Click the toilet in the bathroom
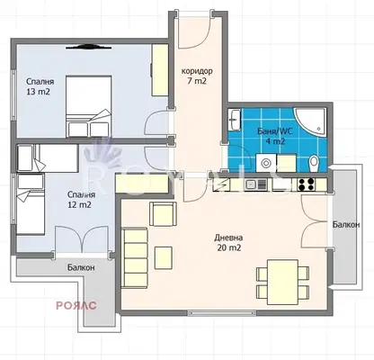(x=314, y=164)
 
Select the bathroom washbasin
(x=234, y=120)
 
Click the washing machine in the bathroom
(x=266, y=163)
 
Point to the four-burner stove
(x=307, y=184)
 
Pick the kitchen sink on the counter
(x=256, y=184)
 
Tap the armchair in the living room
(x=163, y=214)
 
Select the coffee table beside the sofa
(x=164, y=257)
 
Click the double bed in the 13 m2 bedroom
(x=89, y=106)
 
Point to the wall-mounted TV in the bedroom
(x=88, y=47)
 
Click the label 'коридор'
(x=197, y=71)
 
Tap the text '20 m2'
(x=228, y=247)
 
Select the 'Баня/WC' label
(x=273, y=131)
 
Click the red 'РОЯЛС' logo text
(x=76, y=305)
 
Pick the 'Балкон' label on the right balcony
(x=346, y=224)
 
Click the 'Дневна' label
(x=228, y=238)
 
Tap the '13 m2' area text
(x=38, y=92)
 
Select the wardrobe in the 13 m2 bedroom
(x=160, y=70)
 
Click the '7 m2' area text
(x=197, y=81)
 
